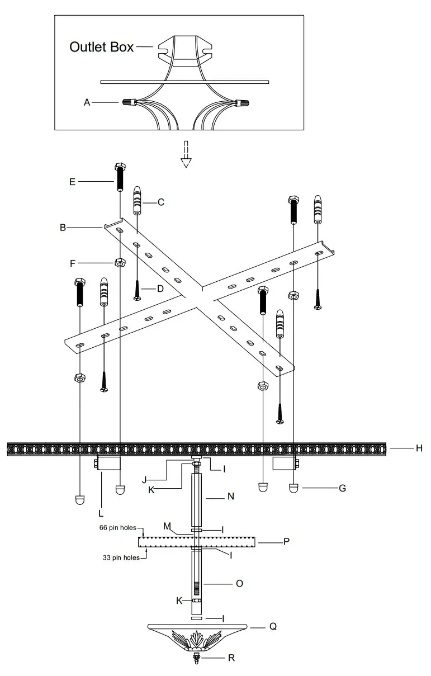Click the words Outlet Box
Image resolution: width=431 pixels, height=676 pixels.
pos(101,47)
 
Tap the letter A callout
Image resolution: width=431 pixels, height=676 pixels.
pos(87,102)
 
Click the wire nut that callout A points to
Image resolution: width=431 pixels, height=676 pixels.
pos(128,103)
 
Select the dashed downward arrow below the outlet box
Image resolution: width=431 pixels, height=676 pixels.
pos(186,155)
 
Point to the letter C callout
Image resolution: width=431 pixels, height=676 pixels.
pos(160,202)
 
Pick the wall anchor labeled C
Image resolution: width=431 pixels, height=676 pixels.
pos(137,201)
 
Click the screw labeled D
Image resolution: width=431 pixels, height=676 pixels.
pos(137,290)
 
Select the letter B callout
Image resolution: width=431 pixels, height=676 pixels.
pos(63,228)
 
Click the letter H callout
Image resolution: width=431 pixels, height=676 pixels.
pos(419,448)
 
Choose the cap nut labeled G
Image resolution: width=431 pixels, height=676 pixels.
pos(294,488)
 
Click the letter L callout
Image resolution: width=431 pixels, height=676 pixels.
pos(101,512)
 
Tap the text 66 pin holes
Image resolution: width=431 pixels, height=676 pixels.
pos(117,527)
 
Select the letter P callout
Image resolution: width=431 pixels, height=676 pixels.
pos(286,542)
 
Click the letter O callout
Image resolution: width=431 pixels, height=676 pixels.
pos(239,583)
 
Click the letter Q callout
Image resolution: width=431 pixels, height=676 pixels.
pos(273,627)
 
